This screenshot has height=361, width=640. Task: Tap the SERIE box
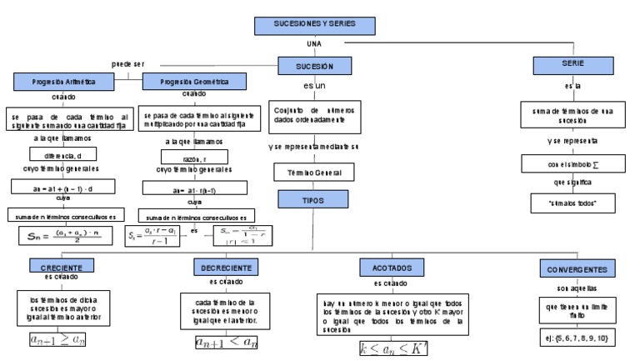[572, 63]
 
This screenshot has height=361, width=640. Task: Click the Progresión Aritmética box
[63, 83]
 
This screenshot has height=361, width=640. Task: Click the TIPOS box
[312, 200]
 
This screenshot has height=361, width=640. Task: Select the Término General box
[313, 173]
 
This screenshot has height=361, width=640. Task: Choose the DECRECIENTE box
[225, 268]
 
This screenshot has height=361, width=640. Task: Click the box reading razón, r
[193, 156]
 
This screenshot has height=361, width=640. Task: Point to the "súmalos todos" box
[572, 203]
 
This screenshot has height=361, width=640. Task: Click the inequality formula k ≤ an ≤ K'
[392, 347]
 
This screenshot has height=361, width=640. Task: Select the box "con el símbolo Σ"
[572, 163]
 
